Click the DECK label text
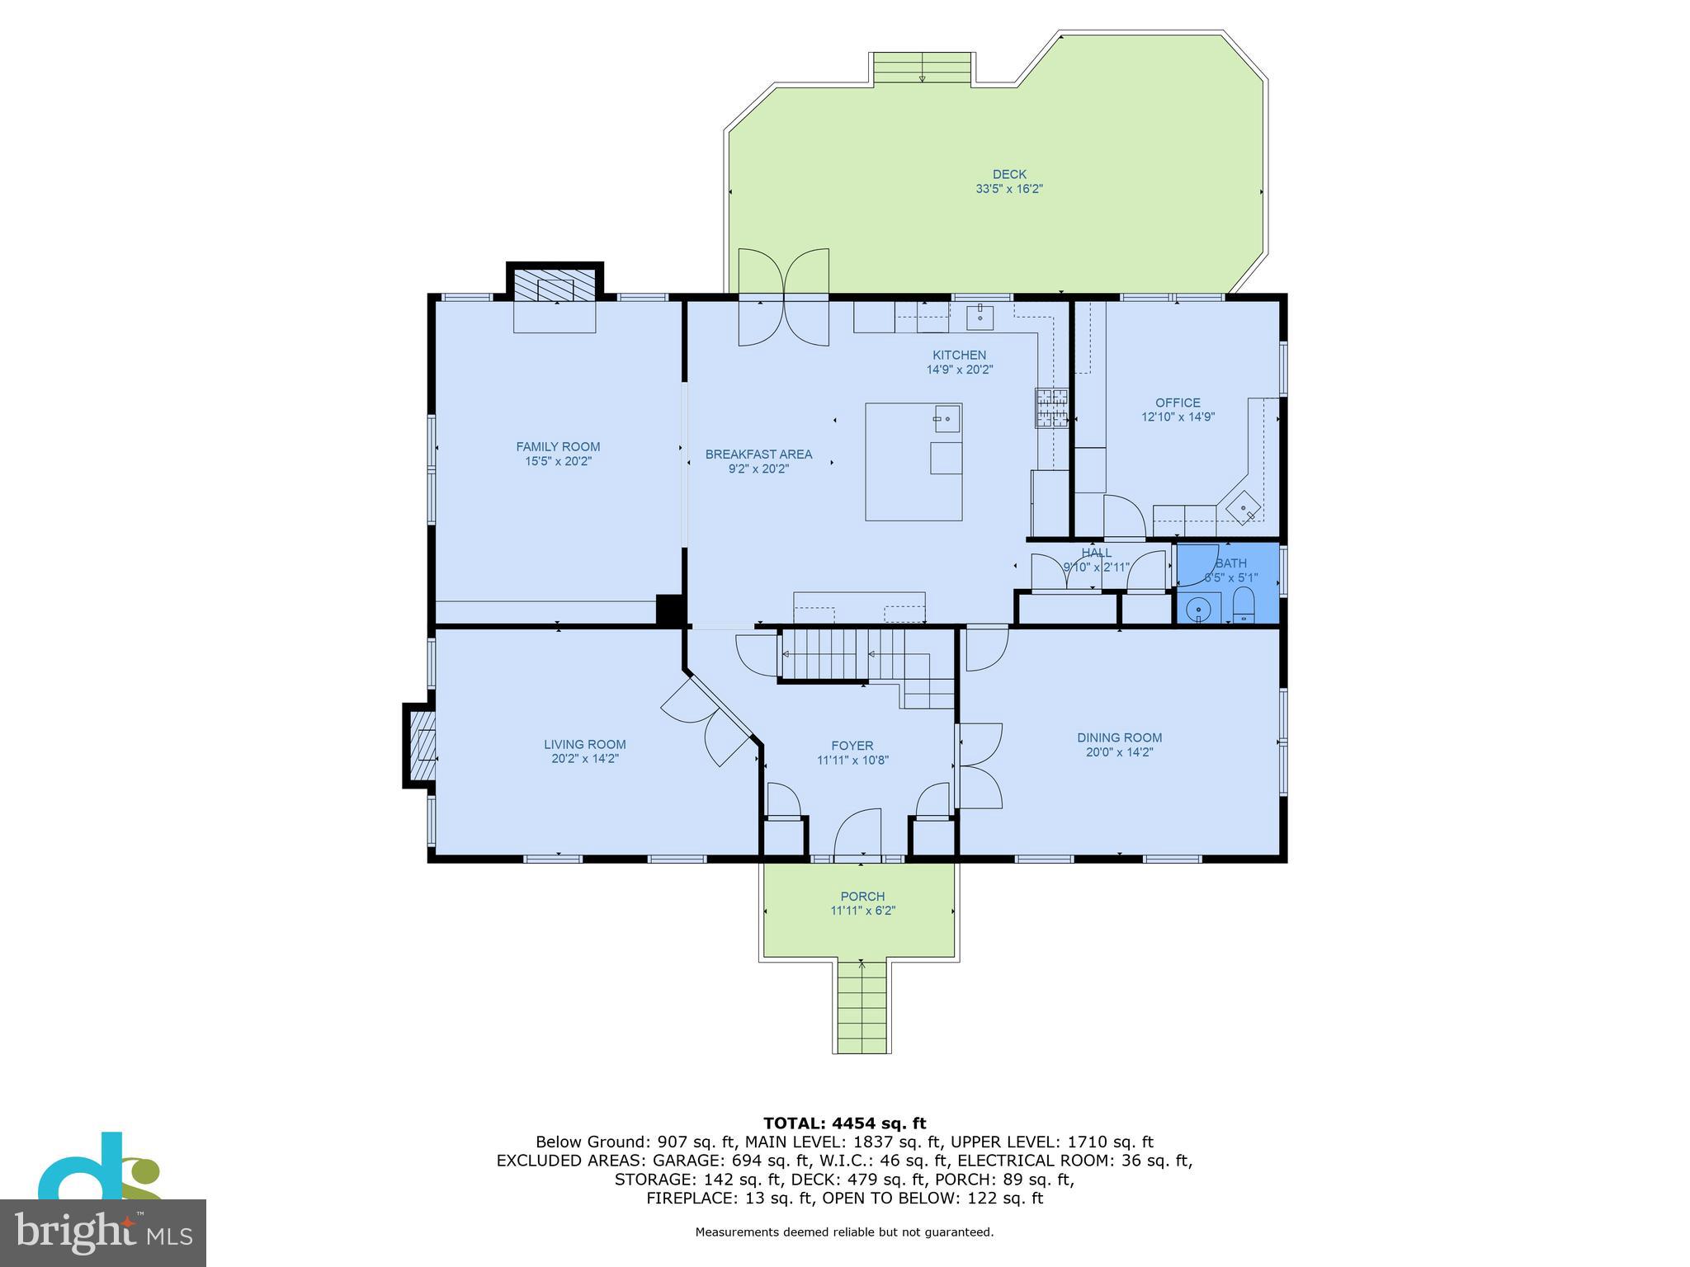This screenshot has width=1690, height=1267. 1009,174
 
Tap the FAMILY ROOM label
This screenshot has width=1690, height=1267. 558,447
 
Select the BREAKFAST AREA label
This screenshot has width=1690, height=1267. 758,455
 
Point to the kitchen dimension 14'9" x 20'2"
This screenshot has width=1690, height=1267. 959,370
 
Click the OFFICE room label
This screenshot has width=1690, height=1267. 1178,403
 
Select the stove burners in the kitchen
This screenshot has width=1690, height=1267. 1052,408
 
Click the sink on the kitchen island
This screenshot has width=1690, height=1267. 947,418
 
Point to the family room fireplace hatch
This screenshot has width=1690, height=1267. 555,285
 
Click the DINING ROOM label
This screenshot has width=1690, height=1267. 1119,738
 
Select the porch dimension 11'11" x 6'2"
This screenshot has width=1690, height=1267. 862,911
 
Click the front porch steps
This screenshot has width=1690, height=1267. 862,1007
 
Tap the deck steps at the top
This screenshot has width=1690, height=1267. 922,68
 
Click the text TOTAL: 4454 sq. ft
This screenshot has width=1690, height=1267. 844,1123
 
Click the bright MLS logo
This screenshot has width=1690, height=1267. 102,1232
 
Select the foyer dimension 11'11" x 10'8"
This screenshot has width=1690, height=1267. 852,761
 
